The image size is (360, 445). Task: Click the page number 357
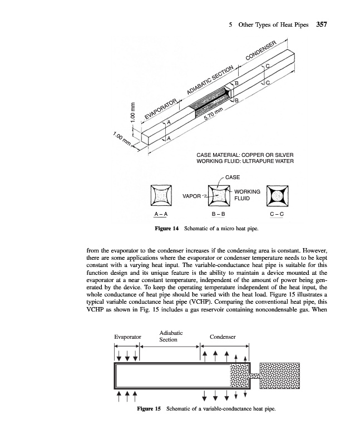[x=324, y=24]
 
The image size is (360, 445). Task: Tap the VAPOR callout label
[x=191, y=196]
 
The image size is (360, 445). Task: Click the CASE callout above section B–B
[x=233, y=177]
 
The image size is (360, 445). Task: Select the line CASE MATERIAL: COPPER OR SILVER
[x=245, y=154]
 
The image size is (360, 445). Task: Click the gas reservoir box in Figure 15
[x=280, y=376]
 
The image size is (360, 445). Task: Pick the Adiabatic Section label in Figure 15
[x=169, y=336]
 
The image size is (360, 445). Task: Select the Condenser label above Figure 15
[x=223, y=337]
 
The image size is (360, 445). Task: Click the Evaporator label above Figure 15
[x=127, y=337]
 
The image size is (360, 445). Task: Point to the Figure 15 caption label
[x=149, y=409]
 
